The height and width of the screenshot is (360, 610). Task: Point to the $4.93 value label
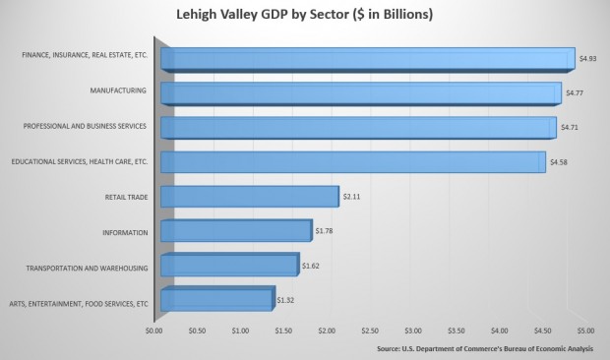[587, 59]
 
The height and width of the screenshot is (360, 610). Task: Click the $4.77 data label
[575, 92]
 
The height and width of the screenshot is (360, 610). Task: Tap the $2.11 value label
[352, 197]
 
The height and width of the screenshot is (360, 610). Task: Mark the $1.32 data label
[285, 299]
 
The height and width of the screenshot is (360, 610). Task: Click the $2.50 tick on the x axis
[370, 331]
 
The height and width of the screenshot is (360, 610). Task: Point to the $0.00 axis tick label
[153, 331]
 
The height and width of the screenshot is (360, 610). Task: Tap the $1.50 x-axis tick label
[283, 331]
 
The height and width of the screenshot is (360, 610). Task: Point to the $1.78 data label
[326, 231]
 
